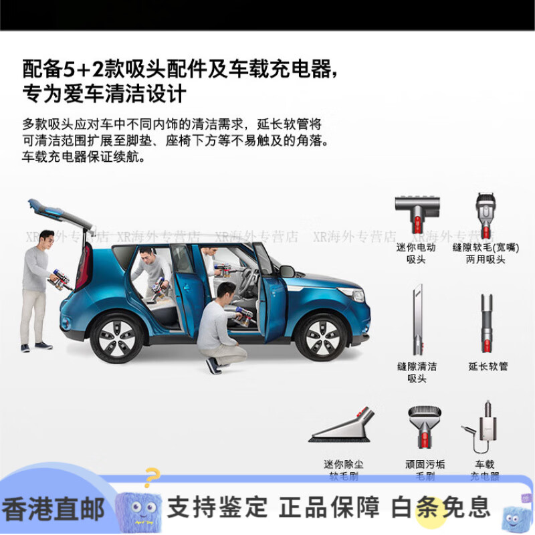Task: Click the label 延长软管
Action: point(488,366)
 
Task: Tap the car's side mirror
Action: point(287,271)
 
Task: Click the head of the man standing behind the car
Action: point(45,239)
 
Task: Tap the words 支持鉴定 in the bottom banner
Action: point(217,508)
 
